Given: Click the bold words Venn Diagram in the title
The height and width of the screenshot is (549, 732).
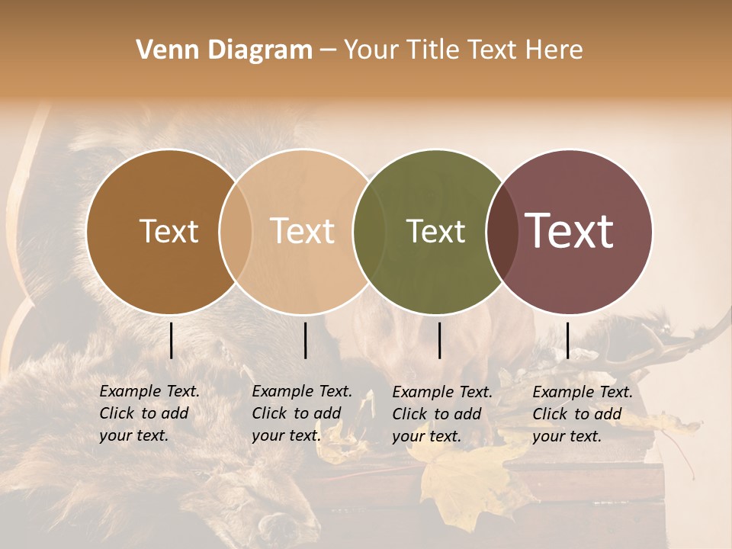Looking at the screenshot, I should tap(224, 50).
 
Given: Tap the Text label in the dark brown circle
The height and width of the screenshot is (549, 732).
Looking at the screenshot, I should tap(169, 231).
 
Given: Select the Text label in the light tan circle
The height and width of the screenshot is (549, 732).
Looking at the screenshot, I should tap(302, 231).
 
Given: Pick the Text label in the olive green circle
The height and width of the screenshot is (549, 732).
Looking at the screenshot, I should tap(435, 231).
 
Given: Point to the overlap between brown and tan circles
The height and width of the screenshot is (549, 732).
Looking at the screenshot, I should tap(236, 231).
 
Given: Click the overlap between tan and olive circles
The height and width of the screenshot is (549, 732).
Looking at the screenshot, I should tap(368, 231).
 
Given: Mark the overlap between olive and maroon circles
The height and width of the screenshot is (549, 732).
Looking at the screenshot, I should tap(501, 231).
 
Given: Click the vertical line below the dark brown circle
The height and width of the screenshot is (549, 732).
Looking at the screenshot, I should tap(172, 340).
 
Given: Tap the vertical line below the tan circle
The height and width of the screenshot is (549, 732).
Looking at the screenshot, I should tap(305, 340).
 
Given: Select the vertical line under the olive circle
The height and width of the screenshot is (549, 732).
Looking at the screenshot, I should tap(440, 340).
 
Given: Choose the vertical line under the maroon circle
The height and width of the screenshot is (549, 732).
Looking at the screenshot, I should tap(567, 340).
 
